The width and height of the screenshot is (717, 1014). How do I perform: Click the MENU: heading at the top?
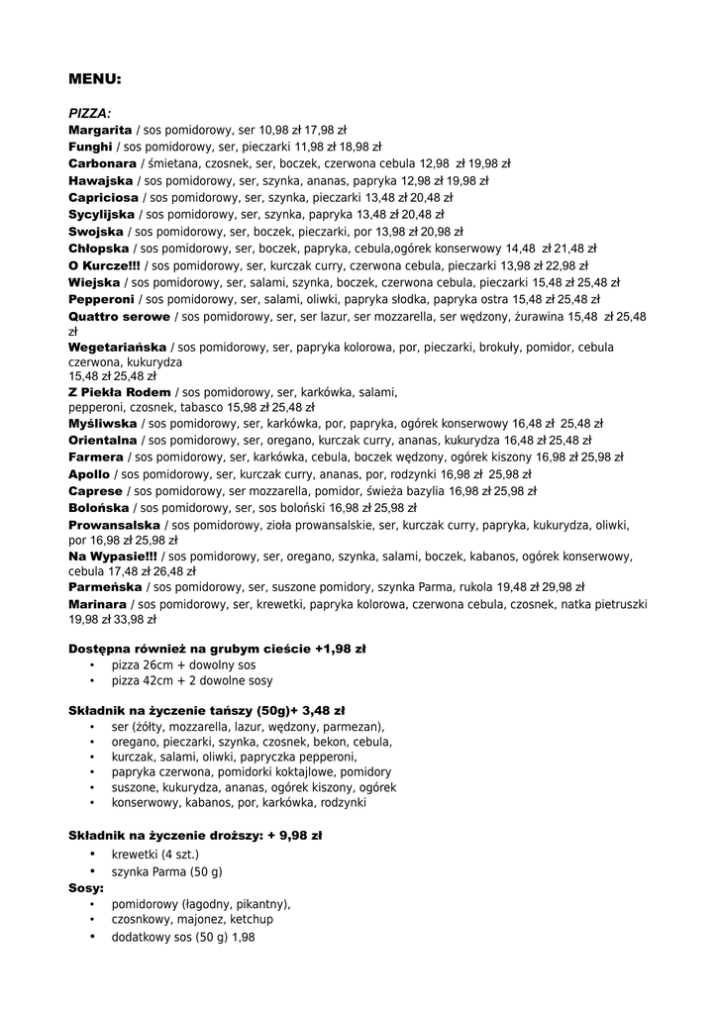[95, 77]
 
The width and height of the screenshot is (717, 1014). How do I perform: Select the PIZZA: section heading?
[89, 113]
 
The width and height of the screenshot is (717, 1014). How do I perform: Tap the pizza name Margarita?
[100, 130]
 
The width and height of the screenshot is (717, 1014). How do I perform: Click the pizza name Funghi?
[90, 147]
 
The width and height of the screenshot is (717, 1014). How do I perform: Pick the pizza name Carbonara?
[102, 163]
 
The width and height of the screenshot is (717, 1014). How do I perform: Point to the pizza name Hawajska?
[100, 180]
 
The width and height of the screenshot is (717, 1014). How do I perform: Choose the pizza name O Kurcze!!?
[104, 265]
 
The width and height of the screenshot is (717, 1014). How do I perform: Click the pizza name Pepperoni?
[101, 299]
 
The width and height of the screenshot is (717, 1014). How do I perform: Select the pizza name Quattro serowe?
[119, 317]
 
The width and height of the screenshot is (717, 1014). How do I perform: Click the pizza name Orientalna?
[103, 440]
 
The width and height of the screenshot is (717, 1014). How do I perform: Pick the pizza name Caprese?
[95, 490]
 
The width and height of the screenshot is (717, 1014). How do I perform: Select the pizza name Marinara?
[98, 603]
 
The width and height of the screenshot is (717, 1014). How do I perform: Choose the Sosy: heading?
[86, 888]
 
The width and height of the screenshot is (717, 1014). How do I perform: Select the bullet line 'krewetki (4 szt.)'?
[155, 854]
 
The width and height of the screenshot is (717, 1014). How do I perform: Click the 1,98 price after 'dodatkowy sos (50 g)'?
[244, 937]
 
